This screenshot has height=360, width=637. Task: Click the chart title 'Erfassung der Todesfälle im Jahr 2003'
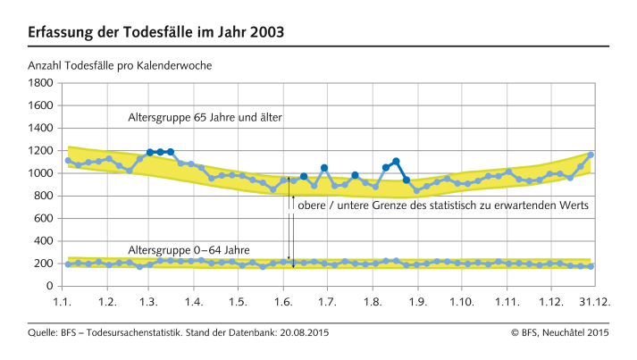click(156, 32)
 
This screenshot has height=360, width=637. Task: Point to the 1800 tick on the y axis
click(41, 83)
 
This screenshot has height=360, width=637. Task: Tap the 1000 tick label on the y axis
click(41, 173)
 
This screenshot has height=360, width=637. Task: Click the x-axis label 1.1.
click(63, 303)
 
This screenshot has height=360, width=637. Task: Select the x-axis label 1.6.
click(282, 303)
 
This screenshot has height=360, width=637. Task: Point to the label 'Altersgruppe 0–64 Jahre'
click(189, 249)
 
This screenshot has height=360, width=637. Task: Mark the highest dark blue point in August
click(396, 162)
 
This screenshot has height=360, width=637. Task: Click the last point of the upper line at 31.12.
click(591, 155)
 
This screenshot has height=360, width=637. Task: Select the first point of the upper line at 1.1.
click(68, 161)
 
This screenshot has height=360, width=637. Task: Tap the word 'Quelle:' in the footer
click(45, 333)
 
